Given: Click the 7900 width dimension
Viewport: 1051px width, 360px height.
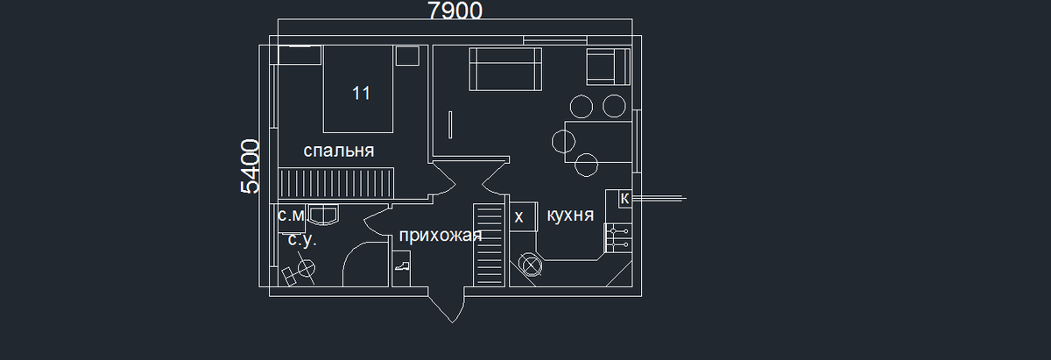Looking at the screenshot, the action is click(455, 11).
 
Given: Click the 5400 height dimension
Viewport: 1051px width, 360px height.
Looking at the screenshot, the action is click(249, 166).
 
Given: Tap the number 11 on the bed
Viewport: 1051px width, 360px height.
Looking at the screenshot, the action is click(361, 93).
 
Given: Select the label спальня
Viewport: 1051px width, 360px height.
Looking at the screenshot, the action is click(339, 151).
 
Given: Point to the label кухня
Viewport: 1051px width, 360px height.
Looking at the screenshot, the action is click(570, 215).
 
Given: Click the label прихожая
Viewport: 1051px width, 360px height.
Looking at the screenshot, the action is click(441, 235).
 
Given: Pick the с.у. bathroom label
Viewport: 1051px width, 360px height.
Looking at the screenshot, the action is click(302, 240).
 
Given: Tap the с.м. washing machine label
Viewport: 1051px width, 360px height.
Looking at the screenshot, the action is click(291, 215).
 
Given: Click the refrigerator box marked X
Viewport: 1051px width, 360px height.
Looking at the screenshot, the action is click(519, 216).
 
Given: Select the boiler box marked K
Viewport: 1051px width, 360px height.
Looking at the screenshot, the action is click(624, 199).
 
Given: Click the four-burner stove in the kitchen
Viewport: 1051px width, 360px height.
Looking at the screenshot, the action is click(617, 236).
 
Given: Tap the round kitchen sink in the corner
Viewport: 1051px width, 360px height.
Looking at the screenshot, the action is click(530, 264).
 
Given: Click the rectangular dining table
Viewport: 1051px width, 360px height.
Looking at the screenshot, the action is click(599, 140).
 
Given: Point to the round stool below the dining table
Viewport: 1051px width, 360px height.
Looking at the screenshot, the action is click(586, 164).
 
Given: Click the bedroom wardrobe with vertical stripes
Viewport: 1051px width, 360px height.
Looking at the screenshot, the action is click(336, 185).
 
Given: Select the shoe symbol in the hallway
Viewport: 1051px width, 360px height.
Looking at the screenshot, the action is click(402, 265).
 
